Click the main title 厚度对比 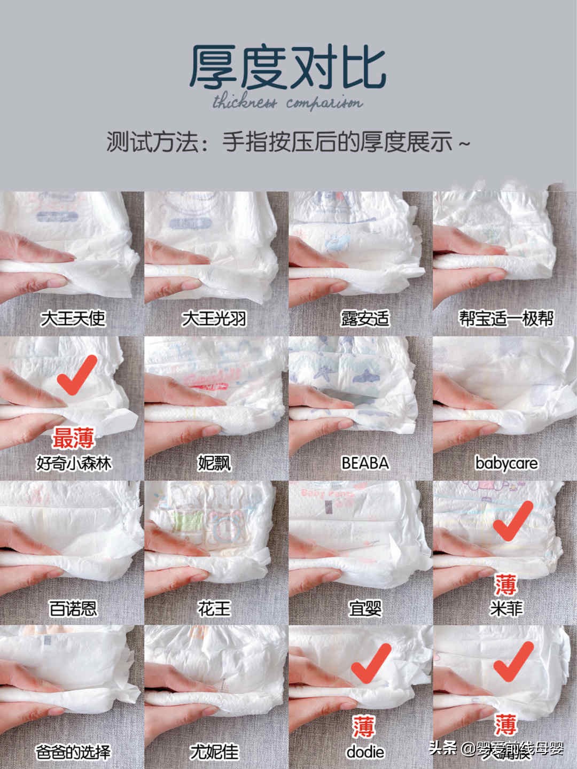point(288,67)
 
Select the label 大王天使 point(73,319)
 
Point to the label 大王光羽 point(214,319)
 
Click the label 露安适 point(365,319)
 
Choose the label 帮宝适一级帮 point(505,319)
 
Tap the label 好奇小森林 point(73,463)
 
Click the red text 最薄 point(73,439)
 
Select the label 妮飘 point(214,463)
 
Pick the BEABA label point(365,463)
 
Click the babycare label point(505,463)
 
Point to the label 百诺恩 point(73,608)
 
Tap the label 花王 point(214,608)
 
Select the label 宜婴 point(365,608)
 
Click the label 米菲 point(505,608)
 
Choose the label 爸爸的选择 point(73,752)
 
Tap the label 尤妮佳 point(214,752)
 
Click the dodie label point(365,752)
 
